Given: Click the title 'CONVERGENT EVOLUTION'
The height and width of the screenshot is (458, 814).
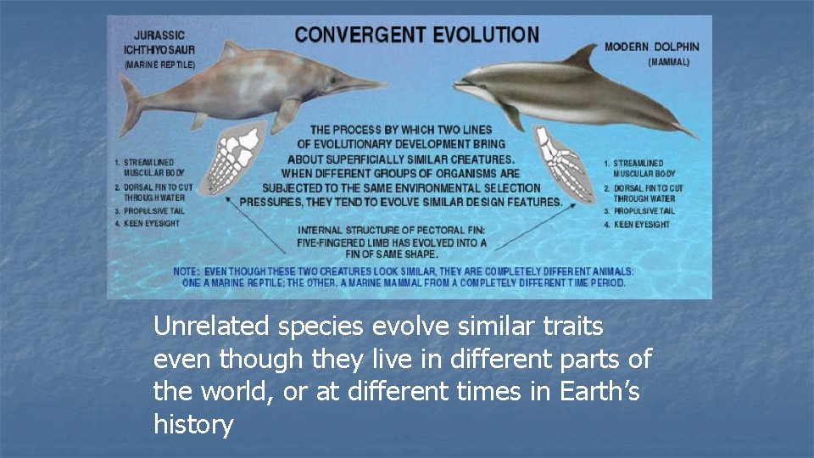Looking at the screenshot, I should coord(415,36).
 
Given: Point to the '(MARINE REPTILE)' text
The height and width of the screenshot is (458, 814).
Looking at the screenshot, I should coord(159,64).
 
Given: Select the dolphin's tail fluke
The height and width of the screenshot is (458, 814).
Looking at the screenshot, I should coord(683,130).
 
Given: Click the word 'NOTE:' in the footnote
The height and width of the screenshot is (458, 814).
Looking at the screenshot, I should coord(187,271).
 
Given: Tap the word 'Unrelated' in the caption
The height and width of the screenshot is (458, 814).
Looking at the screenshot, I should coord(209,325).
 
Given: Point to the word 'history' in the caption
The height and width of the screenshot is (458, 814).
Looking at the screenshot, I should coord(193,424).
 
